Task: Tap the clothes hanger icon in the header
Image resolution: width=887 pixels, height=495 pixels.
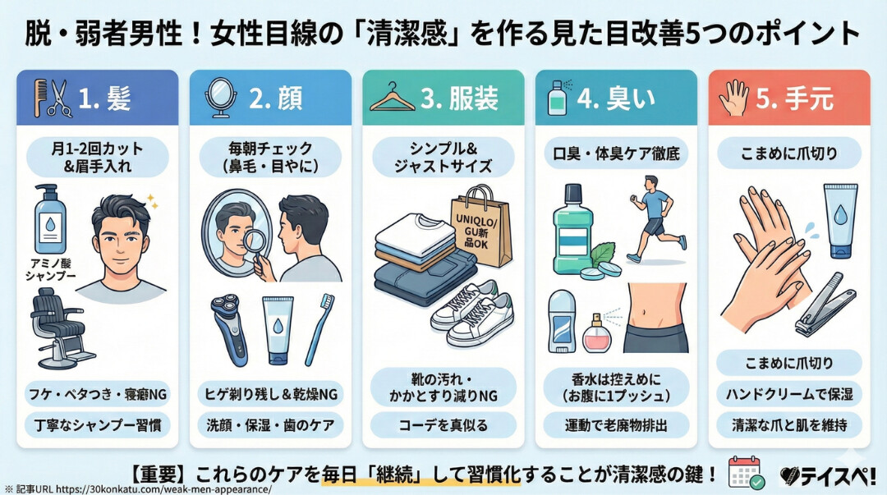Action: pyautogui.click(x=392, y=98)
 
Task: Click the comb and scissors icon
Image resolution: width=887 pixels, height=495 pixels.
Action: pyautogui.click(x=50, y=98)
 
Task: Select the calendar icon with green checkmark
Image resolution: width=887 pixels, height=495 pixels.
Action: pyautogui.click(x=746, y=472)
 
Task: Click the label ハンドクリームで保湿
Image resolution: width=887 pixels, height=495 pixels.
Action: pyautogui.click(x=788, y=393)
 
